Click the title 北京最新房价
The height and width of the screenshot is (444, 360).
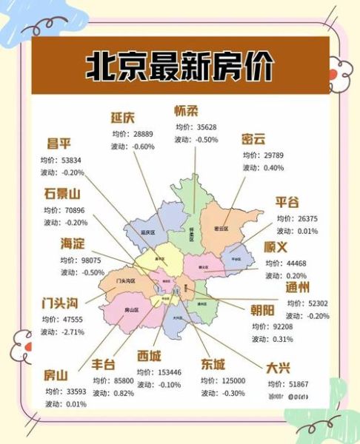180,67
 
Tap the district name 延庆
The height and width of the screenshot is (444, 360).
122,118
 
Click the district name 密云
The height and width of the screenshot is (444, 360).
253,139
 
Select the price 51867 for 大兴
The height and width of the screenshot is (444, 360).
298,383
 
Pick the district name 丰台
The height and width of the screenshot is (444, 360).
105,365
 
